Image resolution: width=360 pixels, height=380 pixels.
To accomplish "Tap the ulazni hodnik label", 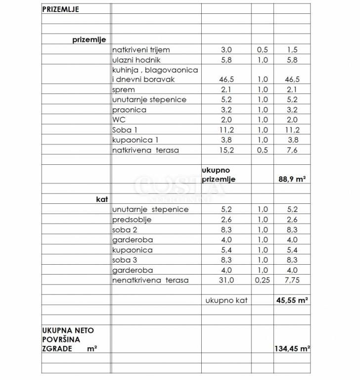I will [136, 60].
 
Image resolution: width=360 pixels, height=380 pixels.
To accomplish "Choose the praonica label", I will [130, 110].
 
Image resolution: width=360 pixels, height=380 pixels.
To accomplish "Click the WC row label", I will [119, 120].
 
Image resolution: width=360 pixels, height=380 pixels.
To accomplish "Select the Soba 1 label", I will [125, 130].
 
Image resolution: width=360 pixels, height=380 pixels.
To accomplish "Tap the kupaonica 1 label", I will [136, 140].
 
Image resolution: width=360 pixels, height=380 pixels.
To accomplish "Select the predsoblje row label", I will [132, 220].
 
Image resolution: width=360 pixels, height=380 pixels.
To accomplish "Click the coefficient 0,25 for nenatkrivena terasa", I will [262, 281].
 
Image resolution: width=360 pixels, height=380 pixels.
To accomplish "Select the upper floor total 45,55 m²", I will [291, 300].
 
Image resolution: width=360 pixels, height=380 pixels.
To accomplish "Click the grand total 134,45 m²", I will [292, 348].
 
